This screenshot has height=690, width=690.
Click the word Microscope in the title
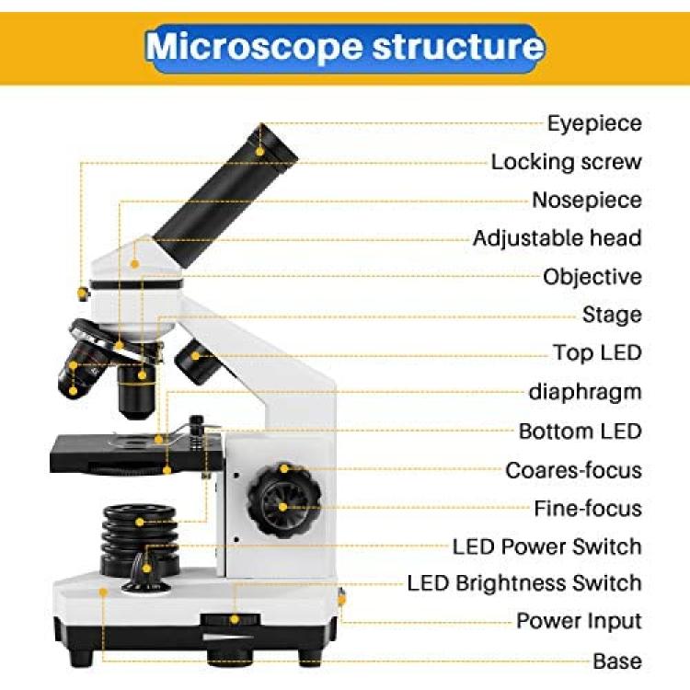click(x=254, y=47)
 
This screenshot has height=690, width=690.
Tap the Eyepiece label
click(x=594, y=123)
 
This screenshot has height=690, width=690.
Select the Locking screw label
click(x=567, y=162)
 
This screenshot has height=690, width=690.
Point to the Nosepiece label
click(x=587, y=200)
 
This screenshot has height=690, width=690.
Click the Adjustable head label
click(x=558, y=238)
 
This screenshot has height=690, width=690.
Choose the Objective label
click(x=592, y=277)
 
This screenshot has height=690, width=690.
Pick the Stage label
click(x=612, y=315)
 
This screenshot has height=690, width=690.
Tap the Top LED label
click(x=597, y=352)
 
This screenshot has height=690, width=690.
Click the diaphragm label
click(x=585, y=392)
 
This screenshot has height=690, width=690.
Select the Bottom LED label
click(x=580, y=431)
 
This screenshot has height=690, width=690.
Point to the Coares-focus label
click(x=573, y=470)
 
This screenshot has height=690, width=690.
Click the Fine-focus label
click(x=588, y=508)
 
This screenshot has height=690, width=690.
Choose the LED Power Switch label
click(x=547, y=546)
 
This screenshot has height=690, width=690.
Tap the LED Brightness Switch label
click(x=524, y=583)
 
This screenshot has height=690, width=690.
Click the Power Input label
click(x=579, y=621)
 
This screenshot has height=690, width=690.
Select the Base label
click(x=617, y=661)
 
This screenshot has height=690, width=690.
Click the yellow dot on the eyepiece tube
click(x=259, y=152)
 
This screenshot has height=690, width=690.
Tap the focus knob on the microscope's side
click(x=284, y=500)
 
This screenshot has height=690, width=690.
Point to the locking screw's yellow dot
click(x=81, y=293)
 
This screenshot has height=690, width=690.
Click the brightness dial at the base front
click(x=230, y=619)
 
